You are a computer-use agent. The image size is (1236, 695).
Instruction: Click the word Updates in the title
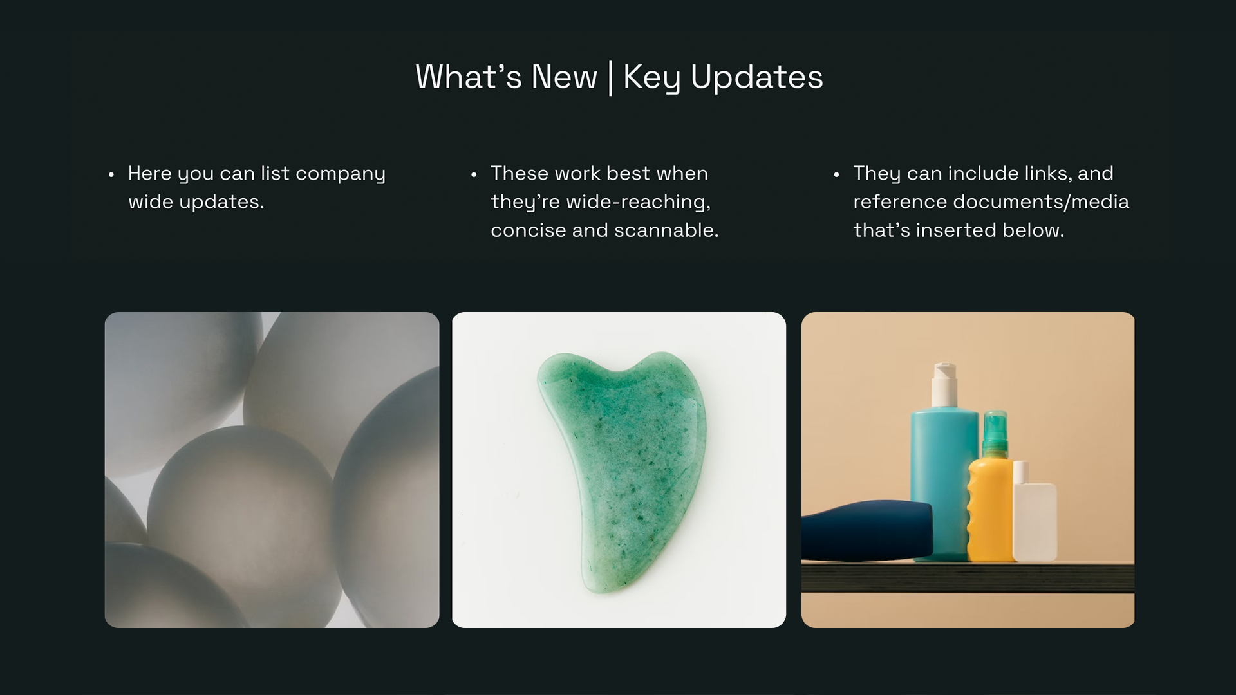click(x=756, y=77)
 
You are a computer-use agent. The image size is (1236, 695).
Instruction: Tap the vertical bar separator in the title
click(x=610, y=78)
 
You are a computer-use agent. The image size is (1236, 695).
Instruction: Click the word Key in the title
click(x=651, y=78)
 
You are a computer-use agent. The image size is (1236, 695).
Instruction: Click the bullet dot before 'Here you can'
click(x=111, y=174)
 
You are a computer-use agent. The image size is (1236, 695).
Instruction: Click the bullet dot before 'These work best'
click(x=474, y=174)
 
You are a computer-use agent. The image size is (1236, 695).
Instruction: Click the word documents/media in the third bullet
click(x=1040, y=202)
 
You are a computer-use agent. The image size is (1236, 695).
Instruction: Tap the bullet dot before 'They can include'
click(x=836, y=174)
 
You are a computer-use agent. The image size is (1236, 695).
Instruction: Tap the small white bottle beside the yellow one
click(x=1035, y=518)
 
